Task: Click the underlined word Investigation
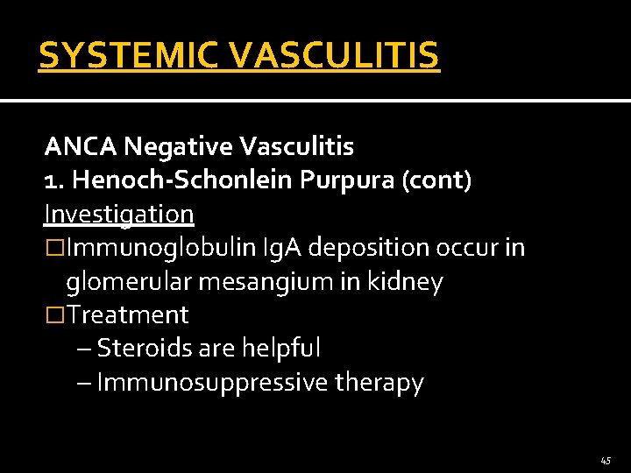(119, 214)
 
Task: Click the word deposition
(367, 248)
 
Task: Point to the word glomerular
(126, 282)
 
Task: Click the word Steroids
(145, 349)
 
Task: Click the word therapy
(379, 383)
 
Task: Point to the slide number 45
(606, 460)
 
